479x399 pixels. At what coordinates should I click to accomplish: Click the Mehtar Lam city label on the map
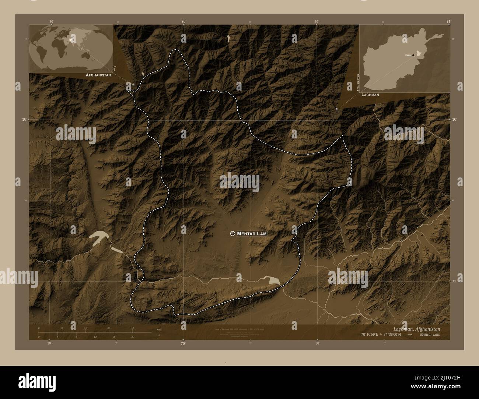(252, 233)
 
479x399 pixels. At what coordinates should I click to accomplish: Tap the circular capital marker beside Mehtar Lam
(232, 233)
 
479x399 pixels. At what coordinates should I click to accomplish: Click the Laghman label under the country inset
(370, 95)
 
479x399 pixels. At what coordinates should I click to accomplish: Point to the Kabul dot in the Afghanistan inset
(413, 55)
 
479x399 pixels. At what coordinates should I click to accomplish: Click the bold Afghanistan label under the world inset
(98, 75)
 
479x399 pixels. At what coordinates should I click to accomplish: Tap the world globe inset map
(71, 49)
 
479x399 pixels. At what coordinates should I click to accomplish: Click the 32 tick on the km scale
(132, 328)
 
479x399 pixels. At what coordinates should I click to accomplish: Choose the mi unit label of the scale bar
(158, 335)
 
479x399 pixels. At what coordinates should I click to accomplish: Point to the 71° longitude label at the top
(448, 21)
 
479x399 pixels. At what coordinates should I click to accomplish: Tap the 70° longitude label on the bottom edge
(183, 344)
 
